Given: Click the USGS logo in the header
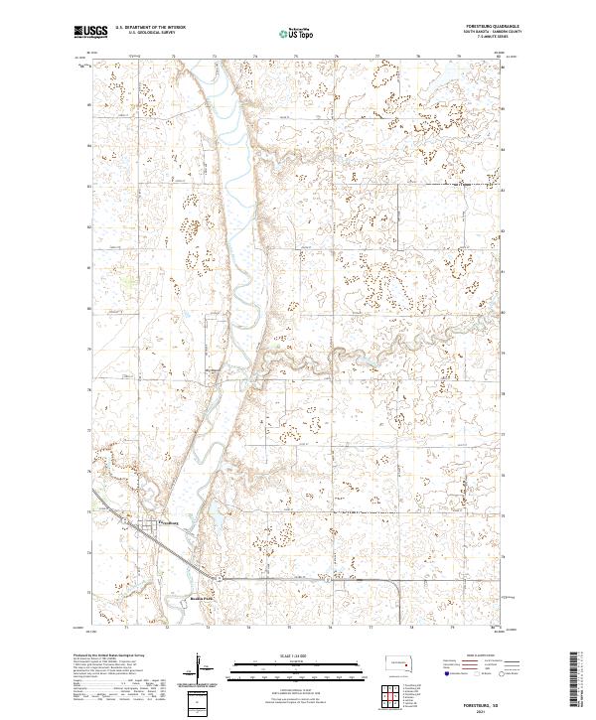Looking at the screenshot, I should [88, 34].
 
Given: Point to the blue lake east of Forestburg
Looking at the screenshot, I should [217, 517].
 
